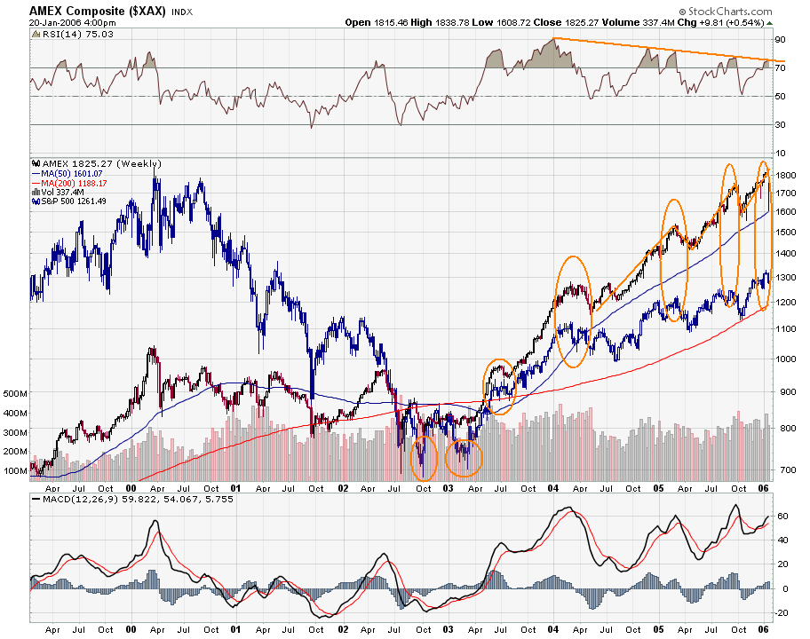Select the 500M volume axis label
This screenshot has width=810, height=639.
point(15,391)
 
